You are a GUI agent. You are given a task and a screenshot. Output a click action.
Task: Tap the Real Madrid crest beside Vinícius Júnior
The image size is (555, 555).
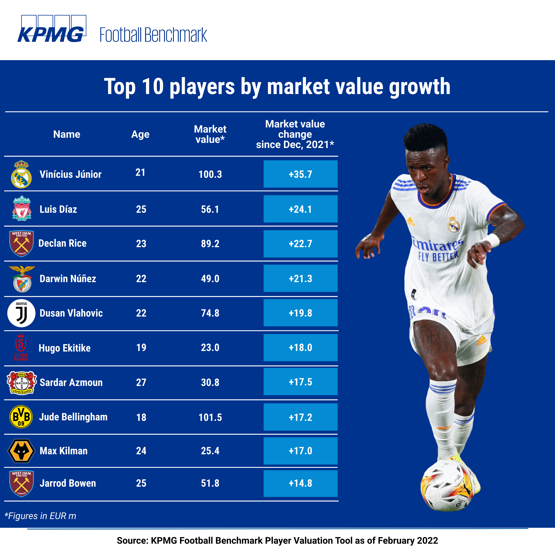click(21, 174)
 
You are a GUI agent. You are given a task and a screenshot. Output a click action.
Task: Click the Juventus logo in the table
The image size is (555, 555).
click(21, 313)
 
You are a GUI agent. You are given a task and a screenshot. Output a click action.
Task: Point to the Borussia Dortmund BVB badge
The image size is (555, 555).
click(21, 417)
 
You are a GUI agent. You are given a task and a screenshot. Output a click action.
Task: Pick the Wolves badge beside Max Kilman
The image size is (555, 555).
click(21, 451)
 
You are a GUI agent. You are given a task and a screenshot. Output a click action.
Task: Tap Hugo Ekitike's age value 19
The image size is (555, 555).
click(141, 348)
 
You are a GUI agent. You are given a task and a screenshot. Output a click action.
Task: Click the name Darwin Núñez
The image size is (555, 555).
click(68, 279)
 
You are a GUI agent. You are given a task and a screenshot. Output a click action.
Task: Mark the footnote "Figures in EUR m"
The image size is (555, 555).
click(40, 516)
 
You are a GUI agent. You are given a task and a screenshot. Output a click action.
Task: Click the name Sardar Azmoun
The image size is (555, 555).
click(71, 382)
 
